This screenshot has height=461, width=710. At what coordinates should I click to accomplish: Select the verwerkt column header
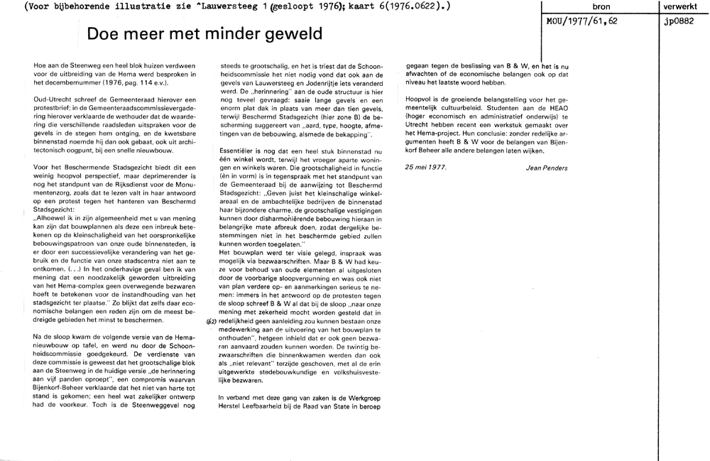[x=682, y=7]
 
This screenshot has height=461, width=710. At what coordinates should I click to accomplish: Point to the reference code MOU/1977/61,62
[x=581, y=21]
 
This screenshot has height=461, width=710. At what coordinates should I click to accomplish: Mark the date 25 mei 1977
[x=427, y=168]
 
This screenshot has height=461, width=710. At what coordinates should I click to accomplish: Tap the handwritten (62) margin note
[x=211, y=321]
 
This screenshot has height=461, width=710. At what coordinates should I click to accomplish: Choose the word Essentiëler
[x=239, y=151]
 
